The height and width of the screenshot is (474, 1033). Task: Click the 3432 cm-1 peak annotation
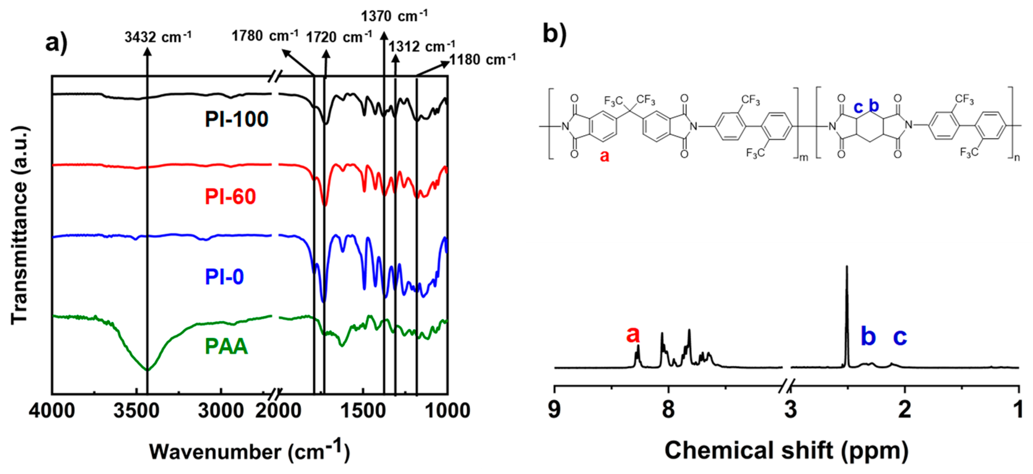tap(157, 37)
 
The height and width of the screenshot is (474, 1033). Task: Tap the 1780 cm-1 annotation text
tap(265, 36)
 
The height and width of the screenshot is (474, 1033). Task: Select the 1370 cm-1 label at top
tap(394, 16)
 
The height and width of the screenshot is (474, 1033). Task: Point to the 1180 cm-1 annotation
tap(483, 59)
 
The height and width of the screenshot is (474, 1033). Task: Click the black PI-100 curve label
tap(236, 119)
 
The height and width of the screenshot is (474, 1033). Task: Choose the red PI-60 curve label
tap(230, 196)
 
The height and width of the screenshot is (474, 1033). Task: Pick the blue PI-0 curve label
tap(224, 277)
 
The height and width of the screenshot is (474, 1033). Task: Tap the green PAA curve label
tap(226, 346)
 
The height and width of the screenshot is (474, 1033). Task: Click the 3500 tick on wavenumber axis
tap(136, 411)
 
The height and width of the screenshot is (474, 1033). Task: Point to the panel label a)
tap(56, 42)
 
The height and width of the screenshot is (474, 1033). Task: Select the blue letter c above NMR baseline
tap(900, 336)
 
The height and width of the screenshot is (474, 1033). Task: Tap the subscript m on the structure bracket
tap(804, 158)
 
